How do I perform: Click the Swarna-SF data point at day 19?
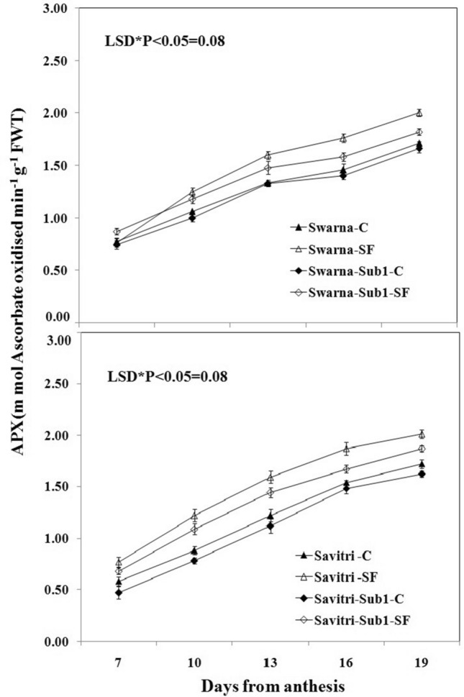coord(419,113)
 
